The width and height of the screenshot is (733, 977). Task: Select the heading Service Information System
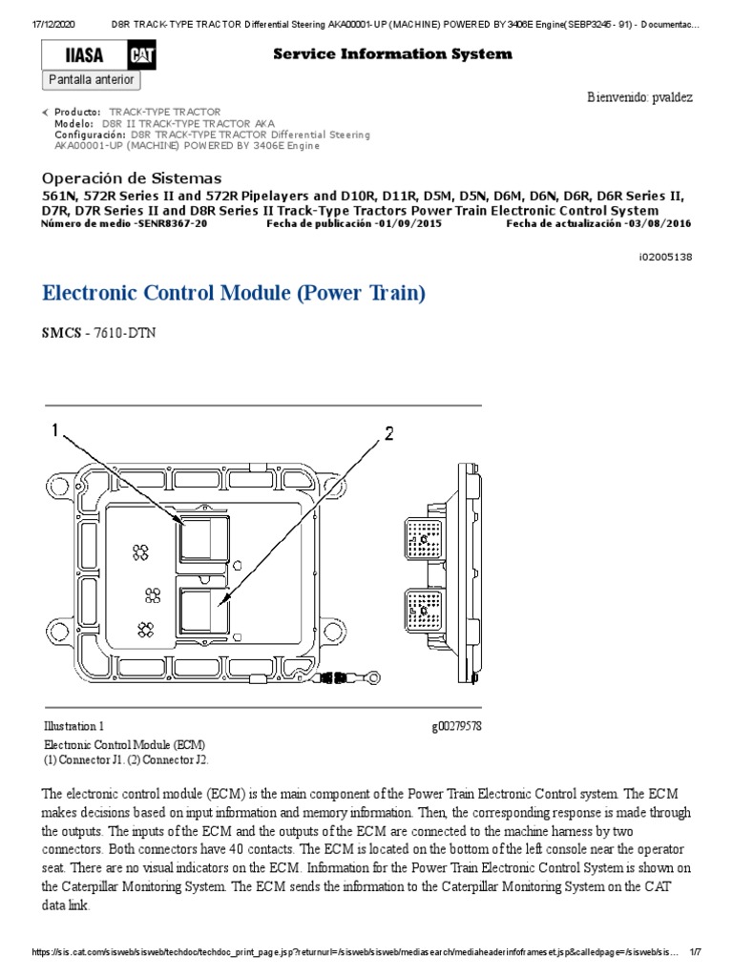click(x=392, y=54)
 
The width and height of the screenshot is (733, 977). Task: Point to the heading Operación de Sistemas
click(x=132, y=178)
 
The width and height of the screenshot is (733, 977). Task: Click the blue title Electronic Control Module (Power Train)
click(x=234, y=293)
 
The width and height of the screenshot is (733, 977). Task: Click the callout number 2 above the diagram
click(x=388, y=434)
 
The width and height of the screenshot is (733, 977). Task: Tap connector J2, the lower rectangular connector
click(x=203, y=611)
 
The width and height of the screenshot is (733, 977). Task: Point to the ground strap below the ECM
click(x=305, y=678)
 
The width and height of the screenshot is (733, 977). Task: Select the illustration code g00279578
click(x=456, y=726)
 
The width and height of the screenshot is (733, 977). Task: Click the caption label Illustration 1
click(x=74, y=726)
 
